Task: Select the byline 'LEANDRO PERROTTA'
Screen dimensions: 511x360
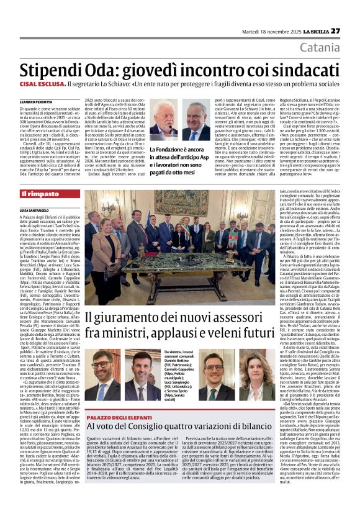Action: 37,101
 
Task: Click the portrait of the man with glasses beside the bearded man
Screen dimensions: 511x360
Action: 196,123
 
